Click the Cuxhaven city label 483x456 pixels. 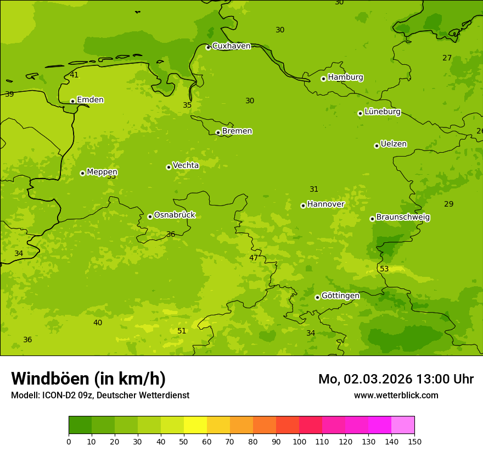pyautogui.click(x=231, y=46)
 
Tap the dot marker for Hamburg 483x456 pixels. pyautogui.click(x=324, y=79)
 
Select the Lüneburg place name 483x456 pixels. pyautogui.click(x=383, y=112)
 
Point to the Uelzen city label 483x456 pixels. pyautogui.click(x=394, y=144)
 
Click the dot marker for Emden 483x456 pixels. pyautogui.click(x=72, y=101)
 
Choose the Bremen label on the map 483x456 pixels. pyautogui.click(x=237, y=131)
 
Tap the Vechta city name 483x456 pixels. pyautogui.click(x=186, y=165)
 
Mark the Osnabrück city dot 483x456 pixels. pyautogui.click(x=150, y=216)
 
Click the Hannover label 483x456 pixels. pyautogui.click(x=325, y=204)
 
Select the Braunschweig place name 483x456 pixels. pyautogui.click(x=403, y=218)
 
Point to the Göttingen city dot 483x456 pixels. pyautogui.click(x=317, y=297)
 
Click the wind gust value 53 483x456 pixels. pyautogui.click(x=384, y=269)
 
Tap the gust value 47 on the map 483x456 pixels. pyautogui.click(x=254, y=258)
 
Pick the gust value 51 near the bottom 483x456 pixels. pyautogui.click(x=182, y=331)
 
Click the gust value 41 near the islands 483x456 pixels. pyautogui.click(x=74, y=75)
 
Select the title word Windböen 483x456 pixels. pyautogui.click(x=50, y=379)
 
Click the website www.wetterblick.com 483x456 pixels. pyautogui.click(x=396, y=395)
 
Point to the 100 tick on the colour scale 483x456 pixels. pyautogui.click(x=299, y=441)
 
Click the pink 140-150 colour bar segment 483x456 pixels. pyautogui.click(x=403, y=425)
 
